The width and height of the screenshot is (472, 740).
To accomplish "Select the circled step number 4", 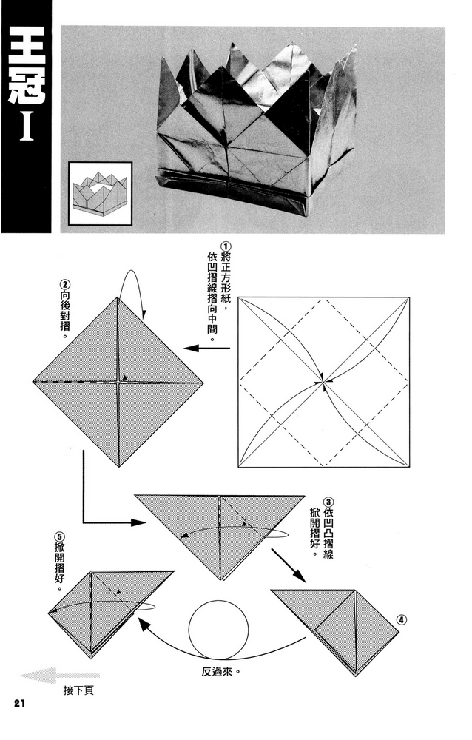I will coord(401,620).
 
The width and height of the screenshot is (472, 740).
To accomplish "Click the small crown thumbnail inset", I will coord(100,192).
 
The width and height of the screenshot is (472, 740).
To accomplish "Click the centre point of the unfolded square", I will coord(323,382).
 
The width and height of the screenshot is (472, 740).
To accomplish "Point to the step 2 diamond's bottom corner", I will coord(118,467).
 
